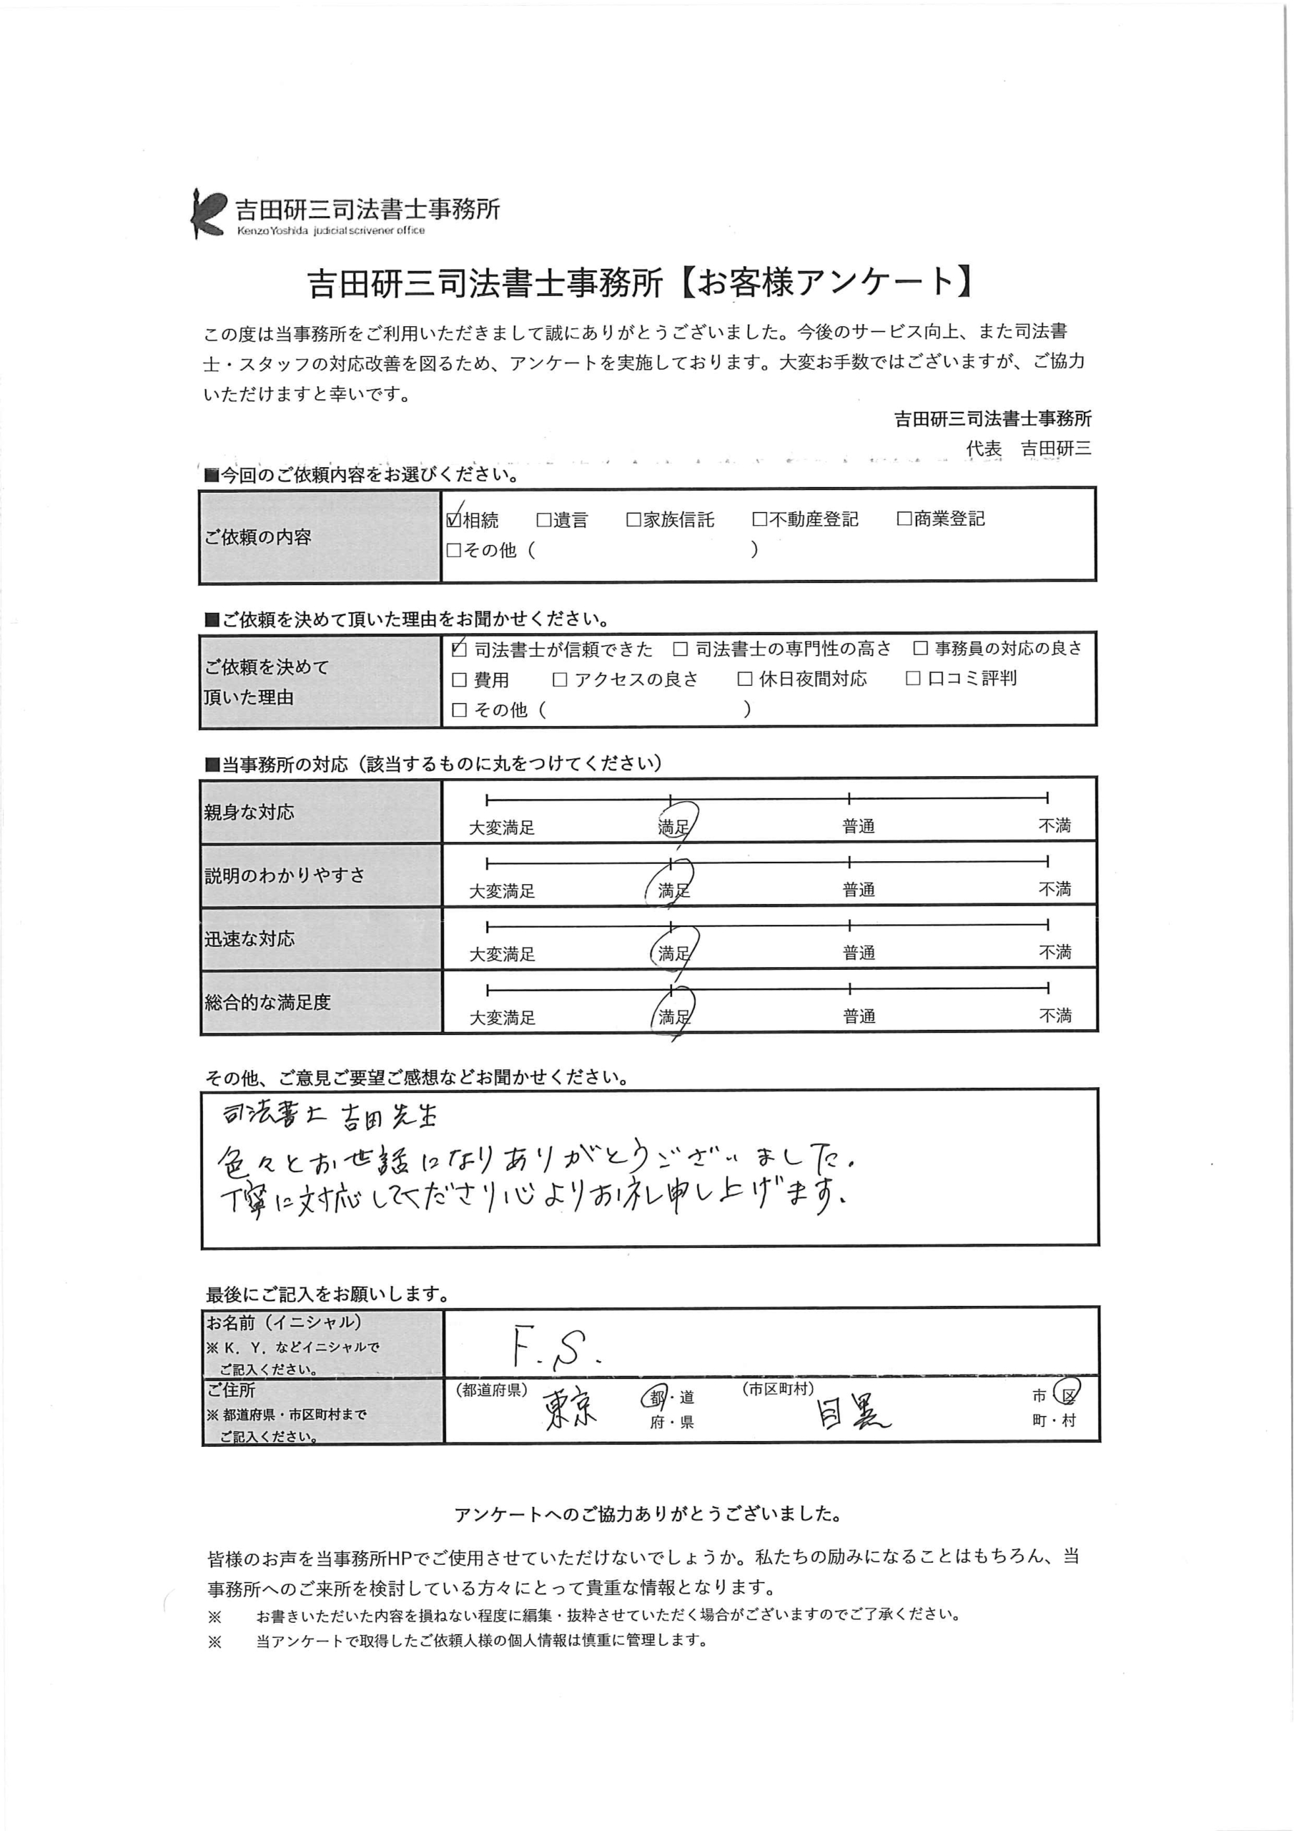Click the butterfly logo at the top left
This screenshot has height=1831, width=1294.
[208, 213]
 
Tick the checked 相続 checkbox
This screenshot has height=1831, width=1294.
[455, 520]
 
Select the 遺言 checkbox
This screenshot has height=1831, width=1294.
[544, 520]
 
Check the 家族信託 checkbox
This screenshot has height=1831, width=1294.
[634, 520]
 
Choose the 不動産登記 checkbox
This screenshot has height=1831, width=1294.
[760, 520]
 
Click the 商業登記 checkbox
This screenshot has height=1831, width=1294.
[904, 519]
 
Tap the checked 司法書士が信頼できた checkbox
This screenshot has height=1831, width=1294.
[459, 650]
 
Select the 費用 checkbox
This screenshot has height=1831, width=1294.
[459, 680]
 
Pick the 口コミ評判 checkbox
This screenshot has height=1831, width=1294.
[914, 679]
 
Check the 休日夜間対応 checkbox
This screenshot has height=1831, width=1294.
[745, 679]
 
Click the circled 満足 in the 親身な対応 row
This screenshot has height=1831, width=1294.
[673, 827]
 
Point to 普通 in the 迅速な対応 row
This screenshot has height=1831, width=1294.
[859, 953]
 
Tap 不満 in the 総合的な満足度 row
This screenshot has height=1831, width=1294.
[1055, 1016]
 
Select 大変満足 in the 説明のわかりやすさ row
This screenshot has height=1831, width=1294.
[501, 890]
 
